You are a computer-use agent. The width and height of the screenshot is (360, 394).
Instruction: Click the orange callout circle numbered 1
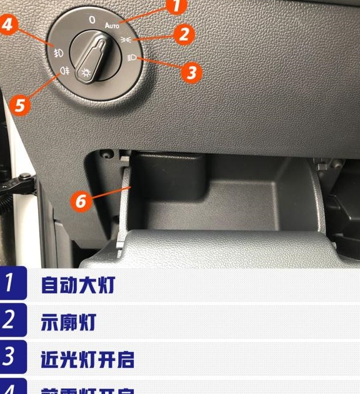coord(177,6)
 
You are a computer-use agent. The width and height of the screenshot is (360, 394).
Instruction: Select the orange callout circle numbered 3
coord(191,72)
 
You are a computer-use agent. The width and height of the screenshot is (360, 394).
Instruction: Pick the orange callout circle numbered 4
coord(7,25)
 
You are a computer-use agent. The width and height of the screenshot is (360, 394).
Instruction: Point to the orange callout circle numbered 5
coord(21,104)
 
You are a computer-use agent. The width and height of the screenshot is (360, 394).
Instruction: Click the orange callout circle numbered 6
coord(80,201)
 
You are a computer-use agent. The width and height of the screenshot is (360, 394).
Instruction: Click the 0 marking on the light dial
coord(92,20)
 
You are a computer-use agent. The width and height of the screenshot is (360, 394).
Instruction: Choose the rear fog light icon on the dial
coord(63,71)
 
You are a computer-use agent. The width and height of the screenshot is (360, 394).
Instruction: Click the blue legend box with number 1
coord(12,283)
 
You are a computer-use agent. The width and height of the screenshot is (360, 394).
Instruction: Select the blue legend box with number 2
coord(12,320)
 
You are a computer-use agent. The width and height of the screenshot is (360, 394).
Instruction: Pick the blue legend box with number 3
coord(12,357)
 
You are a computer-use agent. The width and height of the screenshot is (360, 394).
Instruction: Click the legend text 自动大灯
coord(78,285)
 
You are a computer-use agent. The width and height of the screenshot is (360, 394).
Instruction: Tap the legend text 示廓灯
coord(68,322)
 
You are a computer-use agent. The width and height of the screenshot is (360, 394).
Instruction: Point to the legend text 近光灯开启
coord(88,359)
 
